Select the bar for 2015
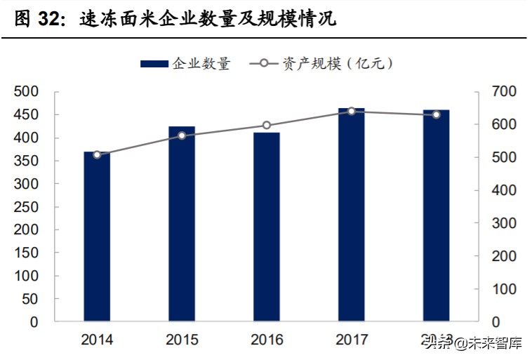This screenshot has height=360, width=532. coord(182,224)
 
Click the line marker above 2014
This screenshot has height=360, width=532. coord(97,154)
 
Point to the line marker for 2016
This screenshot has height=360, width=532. coord(267,126)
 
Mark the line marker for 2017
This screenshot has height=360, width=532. coord(352,111)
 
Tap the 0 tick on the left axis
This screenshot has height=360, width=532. coord(35,322)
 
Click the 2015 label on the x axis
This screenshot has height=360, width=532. coord(182,340)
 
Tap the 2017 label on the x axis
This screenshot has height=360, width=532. coord(352,340)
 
